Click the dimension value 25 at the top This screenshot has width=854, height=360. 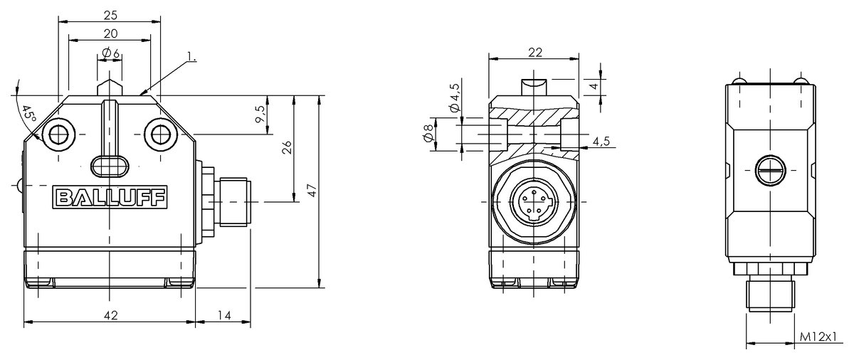pyautogui.click(x=109, y=14)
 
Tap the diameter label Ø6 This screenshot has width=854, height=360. pyautogui.click(x=110, y=53)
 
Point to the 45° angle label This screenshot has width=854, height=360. pyautogui.click(x=27, y=115)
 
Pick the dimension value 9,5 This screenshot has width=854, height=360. pyautogui.click(x=260, y=114)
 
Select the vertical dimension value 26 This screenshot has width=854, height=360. pyautogui.click(x=285, y=148)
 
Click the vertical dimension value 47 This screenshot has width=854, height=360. pyautogui.click(x=311, y=191)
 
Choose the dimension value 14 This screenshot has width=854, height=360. pyautogui.click(x=223, y=314)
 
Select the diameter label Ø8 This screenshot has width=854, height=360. pyautogui.click(x=427, y=133)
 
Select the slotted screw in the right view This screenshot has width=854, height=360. pyautogui.click(x=770, y=170)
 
